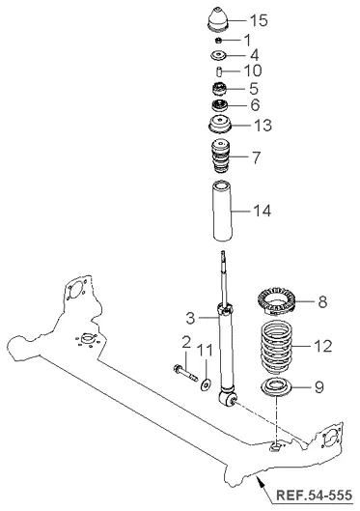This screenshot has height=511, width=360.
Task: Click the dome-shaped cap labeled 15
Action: (x=218, y=19)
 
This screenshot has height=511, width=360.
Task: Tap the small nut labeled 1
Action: (x=218, y=40)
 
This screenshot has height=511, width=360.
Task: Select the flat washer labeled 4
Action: (x=218, y=55)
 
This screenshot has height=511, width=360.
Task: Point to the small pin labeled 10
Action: (x=219, y=71)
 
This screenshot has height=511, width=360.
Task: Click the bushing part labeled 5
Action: (x=218, y=89)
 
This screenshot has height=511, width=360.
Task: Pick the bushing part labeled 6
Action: (x=219, y=105)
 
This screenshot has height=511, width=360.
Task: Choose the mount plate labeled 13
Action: (x=219, y=125)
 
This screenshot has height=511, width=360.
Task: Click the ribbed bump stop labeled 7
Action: (x=220, y=156)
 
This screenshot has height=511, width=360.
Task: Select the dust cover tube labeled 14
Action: (x=222, y=211)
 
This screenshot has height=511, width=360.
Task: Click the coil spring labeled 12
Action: (x=277, y=348)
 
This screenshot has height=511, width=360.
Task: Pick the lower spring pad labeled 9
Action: (x=276, y=386)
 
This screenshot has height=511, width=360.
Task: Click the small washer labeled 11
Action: (x=206, y=384)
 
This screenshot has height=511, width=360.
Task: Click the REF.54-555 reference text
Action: (x=314, y=495)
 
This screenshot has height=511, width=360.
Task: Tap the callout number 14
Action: (x=262, y=211)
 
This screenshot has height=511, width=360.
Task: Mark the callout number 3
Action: (x=190, y=318)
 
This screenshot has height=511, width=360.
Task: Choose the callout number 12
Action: (x=323, y=346)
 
